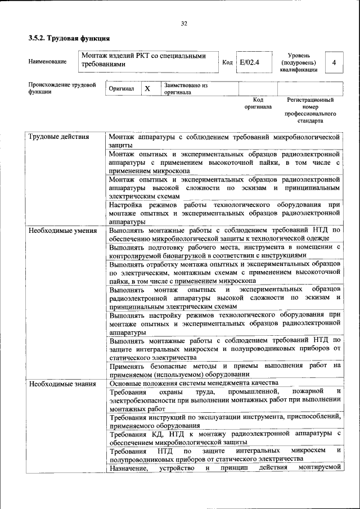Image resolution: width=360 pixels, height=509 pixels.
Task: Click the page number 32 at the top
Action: click(183, 24)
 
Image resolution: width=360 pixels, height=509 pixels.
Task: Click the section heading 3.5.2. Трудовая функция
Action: click(69, 38)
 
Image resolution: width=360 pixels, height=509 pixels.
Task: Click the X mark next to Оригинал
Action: click(147, 89)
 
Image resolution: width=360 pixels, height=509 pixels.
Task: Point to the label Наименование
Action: click(47, 61)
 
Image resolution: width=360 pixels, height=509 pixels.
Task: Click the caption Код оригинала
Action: click(258, 103)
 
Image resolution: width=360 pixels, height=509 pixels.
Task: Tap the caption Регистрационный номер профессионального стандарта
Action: click(310, 110)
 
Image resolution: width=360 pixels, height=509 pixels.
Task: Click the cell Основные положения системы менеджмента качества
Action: click(193, 384)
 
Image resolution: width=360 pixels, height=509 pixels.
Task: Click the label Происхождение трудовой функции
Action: click(58, 88)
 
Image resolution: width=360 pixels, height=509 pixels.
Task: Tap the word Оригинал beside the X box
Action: click(122, 89)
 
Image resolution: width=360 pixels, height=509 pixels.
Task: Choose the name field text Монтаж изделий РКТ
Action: click(143, 60)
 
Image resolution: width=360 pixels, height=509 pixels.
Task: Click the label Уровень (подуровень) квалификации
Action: click(301, 62)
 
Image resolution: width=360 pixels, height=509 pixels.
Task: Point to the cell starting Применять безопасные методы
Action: click(224, 370)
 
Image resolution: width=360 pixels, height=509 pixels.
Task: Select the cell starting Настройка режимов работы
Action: click(224, 213)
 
